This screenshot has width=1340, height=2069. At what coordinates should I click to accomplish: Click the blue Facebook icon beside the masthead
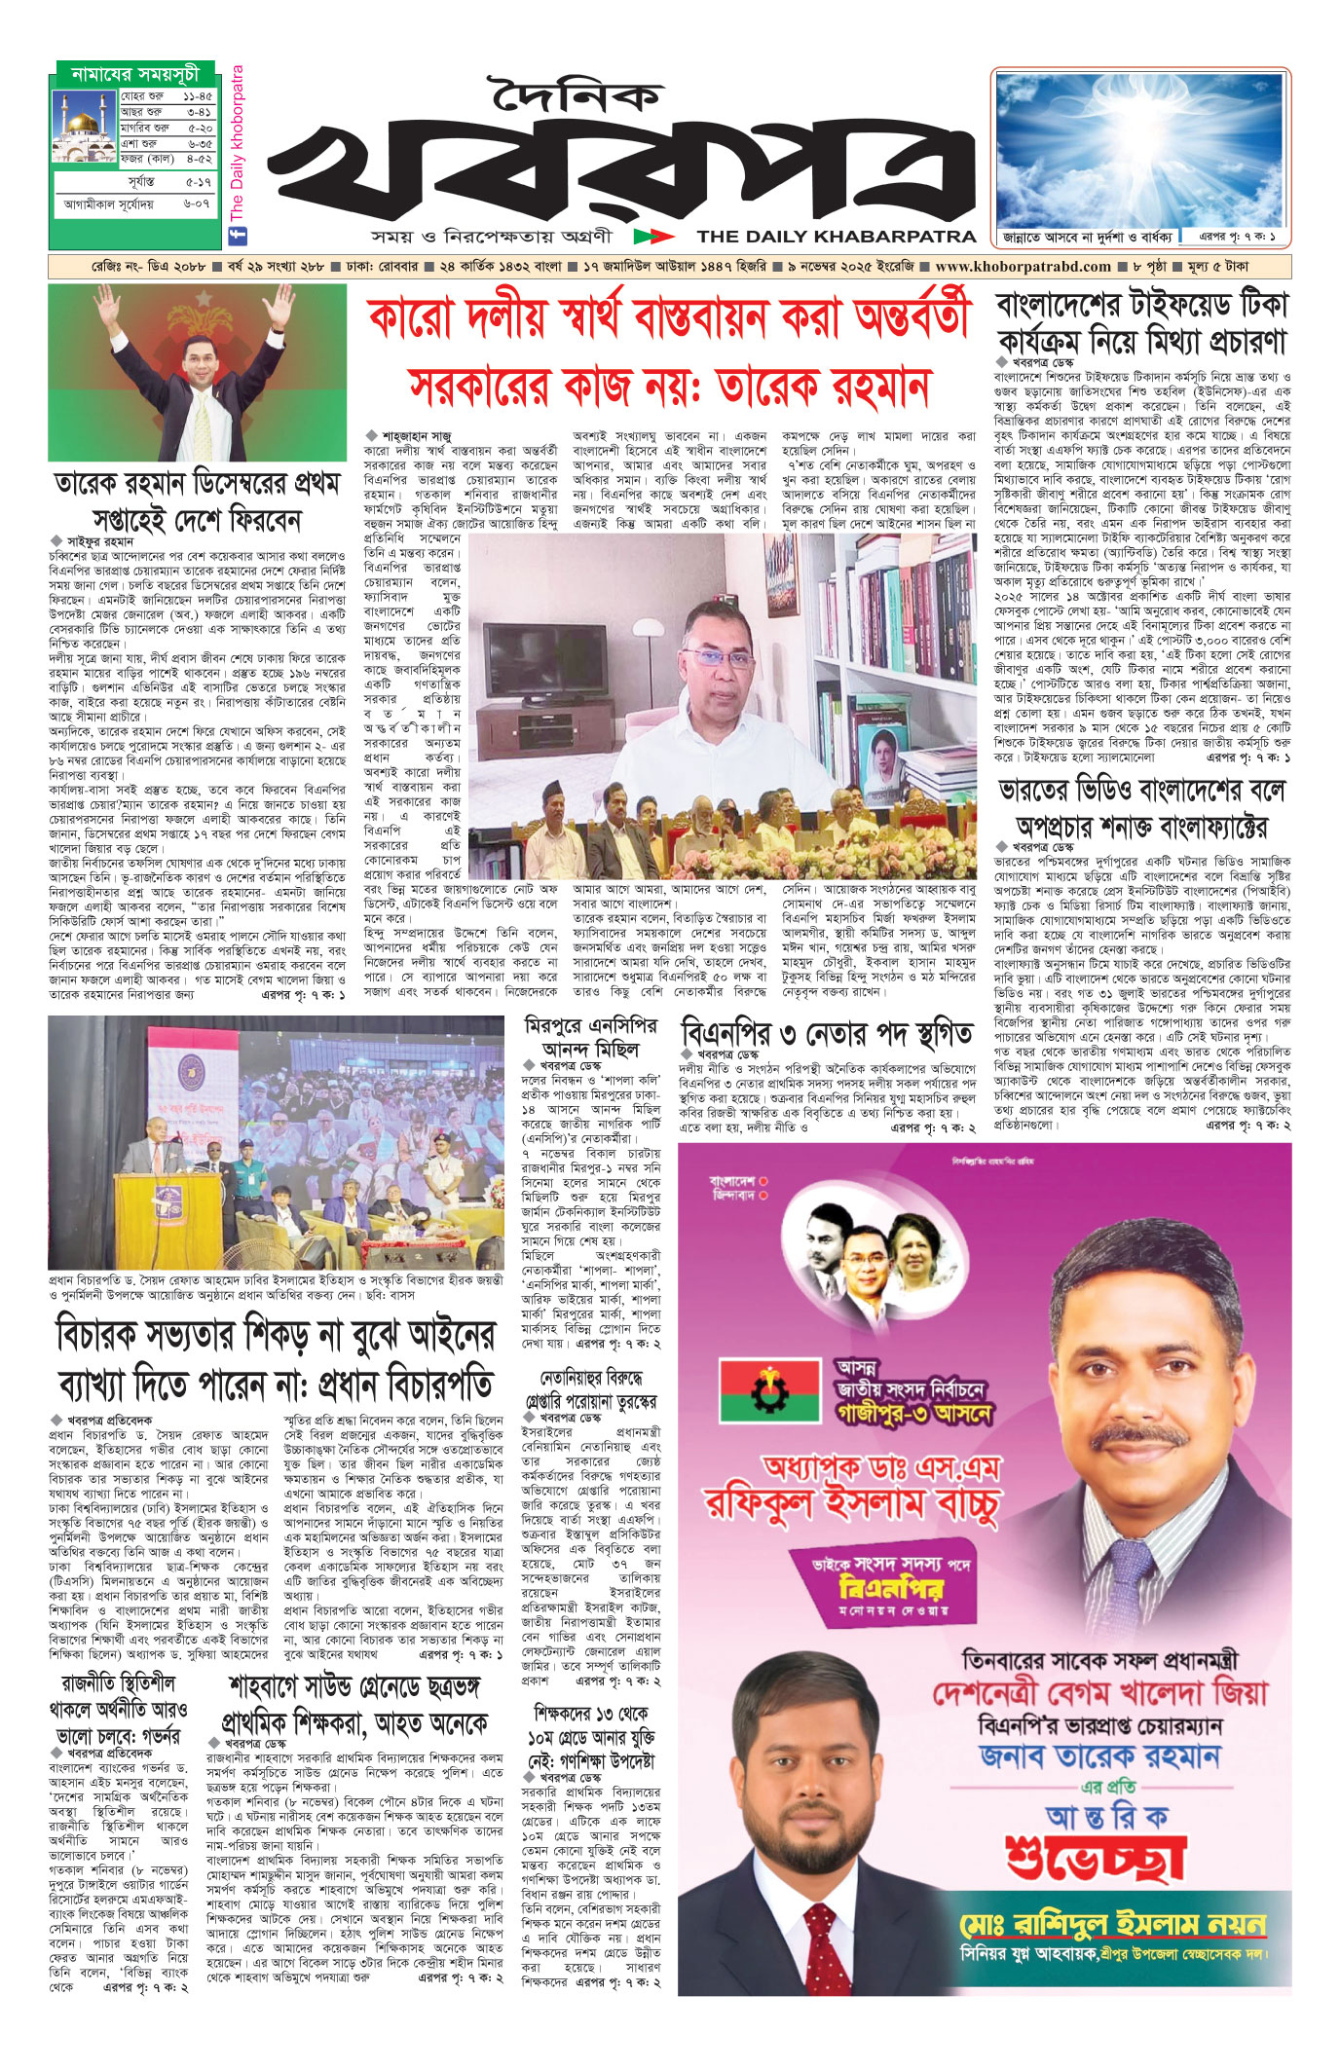coord(235,235)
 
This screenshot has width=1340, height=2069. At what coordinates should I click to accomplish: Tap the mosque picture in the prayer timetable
coord(84,129)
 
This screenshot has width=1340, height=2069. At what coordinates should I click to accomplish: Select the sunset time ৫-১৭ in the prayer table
coord(198,182)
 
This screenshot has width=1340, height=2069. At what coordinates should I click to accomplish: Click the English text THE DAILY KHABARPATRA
coord(836,236)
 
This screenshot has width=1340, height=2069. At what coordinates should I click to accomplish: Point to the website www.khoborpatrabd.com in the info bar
coord(1022,267)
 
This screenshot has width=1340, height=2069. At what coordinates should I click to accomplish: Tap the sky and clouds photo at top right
coord(1139,151)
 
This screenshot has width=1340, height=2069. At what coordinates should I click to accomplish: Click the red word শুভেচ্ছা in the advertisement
coord(1096,1856)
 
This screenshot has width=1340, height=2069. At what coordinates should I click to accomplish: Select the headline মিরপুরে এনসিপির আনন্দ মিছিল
coord(591,1036)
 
